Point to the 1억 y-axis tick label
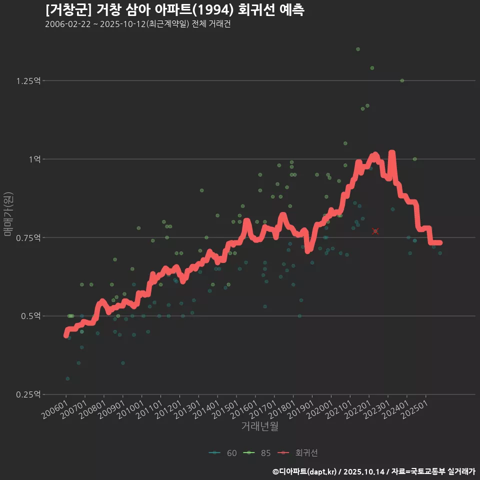coord(34,159)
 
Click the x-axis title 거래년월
coord(259,426)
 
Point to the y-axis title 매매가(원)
coord(8,213)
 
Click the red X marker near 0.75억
coord(375,231)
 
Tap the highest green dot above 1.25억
coord(358,49)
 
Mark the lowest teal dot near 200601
coord(67,378)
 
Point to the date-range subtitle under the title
coord(137,24)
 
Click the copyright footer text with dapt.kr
coord(374,471)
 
